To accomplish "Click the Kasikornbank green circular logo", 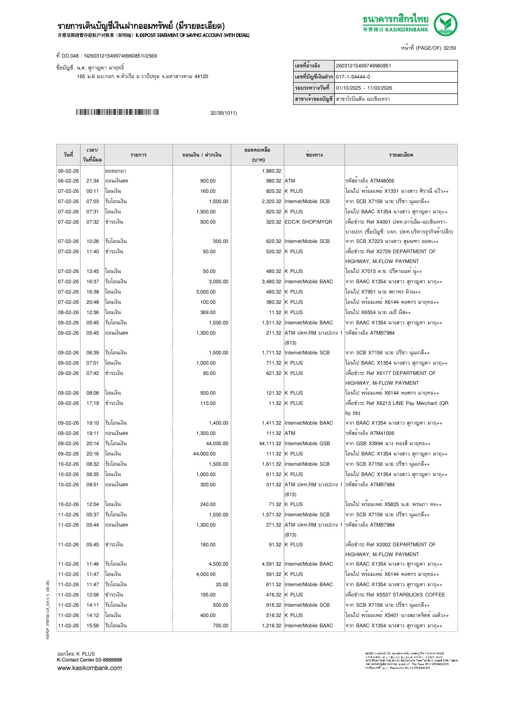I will tap(445, 24).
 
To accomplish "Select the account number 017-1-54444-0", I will tap(353, 77).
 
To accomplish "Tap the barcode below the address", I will tap(117, 112).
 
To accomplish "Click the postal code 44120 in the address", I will tap(201, 76).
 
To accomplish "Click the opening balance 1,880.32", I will tap(272, 171).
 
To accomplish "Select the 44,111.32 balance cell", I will tap(270, 444).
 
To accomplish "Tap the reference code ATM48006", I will tap(382, 181).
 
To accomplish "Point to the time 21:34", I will tap(92, 181).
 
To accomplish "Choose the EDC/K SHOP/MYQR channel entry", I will tap(308, 222).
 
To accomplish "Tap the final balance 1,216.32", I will tap(272, 626).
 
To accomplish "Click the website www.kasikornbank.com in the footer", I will tap(90, 668).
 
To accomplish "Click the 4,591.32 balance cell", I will tap(272, 564).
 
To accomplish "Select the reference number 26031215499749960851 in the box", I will tap(364, 66).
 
